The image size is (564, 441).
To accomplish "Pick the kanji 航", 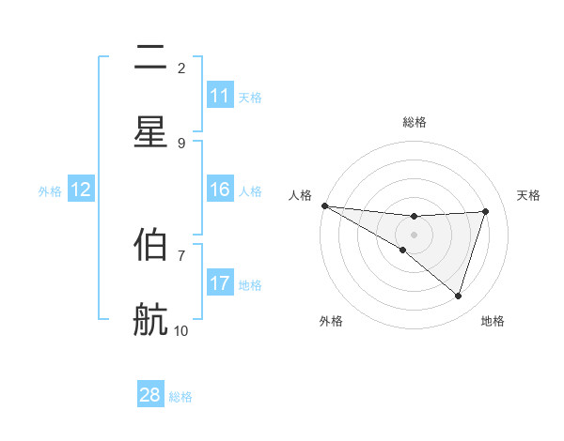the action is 150,320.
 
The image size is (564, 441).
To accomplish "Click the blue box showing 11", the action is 220,96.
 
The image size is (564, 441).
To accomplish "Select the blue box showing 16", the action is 220,190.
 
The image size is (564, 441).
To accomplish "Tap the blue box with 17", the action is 220,283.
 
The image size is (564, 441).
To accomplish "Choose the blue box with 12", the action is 81,190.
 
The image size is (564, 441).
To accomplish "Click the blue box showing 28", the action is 150,395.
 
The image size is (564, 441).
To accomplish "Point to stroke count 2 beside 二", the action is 181,68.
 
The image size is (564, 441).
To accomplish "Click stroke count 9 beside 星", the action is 181,143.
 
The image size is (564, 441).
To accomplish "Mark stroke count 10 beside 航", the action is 181,330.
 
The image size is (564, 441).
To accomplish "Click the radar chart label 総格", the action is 415,122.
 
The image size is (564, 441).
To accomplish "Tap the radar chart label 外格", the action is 331,321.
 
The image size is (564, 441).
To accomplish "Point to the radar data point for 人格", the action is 324,205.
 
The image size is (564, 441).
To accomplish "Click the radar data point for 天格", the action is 486,211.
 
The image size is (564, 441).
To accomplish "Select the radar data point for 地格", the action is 458,297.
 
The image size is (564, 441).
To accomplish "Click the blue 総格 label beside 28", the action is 180,397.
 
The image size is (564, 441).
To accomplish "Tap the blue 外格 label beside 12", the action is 50,191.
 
